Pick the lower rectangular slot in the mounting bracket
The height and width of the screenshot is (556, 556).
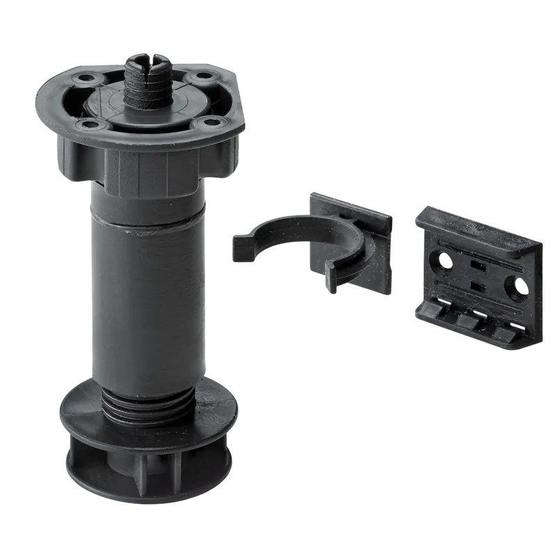(x=475, y=286)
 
